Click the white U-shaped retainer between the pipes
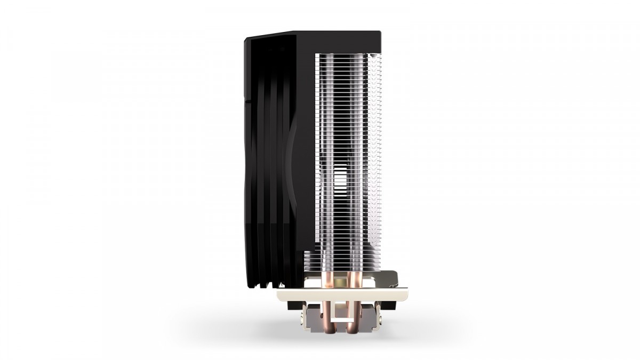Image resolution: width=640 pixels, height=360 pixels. pos(342,315)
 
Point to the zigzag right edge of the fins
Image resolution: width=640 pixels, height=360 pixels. pos(377,160)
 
